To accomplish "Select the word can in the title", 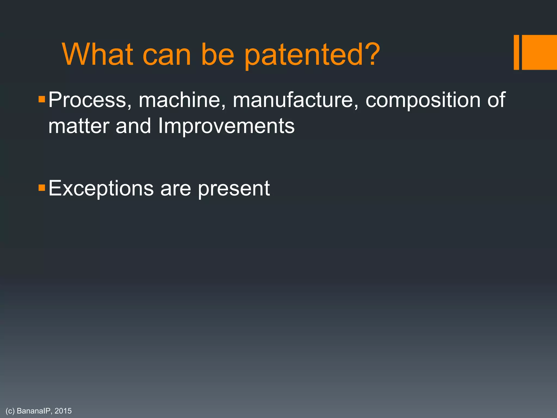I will (x=166, y=55).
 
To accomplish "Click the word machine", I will (x=182, y=100).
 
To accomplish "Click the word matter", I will (x=79, y=126).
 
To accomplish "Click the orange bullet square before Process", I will (x=42, y=99).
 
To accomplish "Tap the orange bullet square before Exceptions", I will (x=42, y=188).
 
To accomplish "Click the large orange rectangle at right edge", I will (x=539, y=52).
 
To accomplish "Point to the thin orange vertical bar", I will (x=516, y=52).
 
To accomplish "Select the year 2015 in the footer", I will (x=63, y=411).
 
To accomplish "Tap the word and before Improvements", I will (x=133, y=126).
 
